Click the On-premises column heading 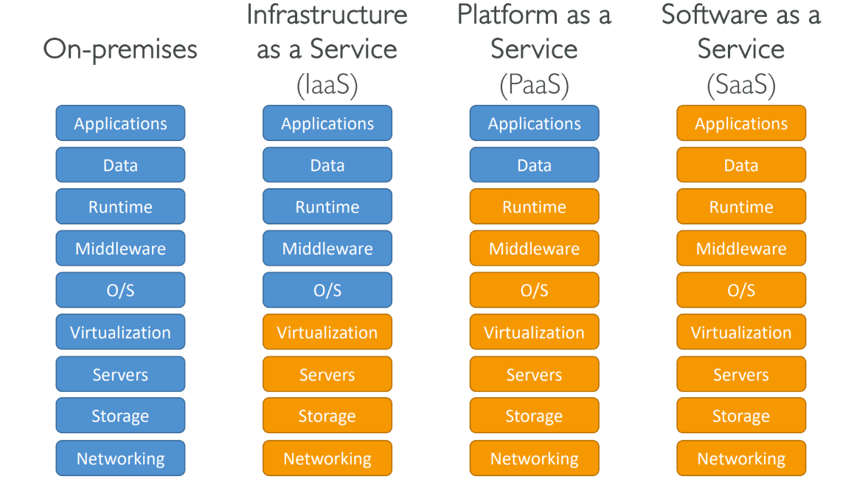pyautogui.click(x=120, y=49)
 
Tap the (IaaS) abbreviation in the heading pyautogui.click(x=327, y=85)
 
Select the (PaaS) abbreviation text pyautogui.click(x=534, y=85)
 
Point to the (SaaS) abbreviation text pyautogui.click(x=741, y=85)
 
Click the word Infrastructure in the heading pyautogui.click(x=327, y=14)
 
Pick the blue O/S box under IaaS pyautogui.click(x=327, y=290)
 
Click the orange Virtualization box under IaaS pyautogui.click(x=327, y=332)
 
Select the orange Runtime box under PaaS pyautogui.click(x=534, y=207)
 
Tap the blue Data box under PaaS pyautogui.click(x=534, y=165)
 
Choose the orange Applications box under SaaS pyautogui.click(x=741, y=123)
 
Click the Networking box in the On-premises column pyautogui.click(x=120, y=458)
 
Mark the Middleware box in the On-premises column pyautogui.click(x=120, y=249)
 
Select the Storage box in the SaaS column pyautogui.click(x=741, y=416)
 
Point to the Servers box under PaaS pyautogui.click(x=534, y=374)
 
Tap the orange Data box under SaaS pyautogui.click(x=741, y=165)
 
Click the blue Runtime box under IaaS pyautogui.click(x=327, y=207)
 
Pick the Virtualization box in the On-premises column pyautogui.click(x=120, y=332)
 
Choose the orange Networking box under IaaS pyautogui.click(x=327, y=458)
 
